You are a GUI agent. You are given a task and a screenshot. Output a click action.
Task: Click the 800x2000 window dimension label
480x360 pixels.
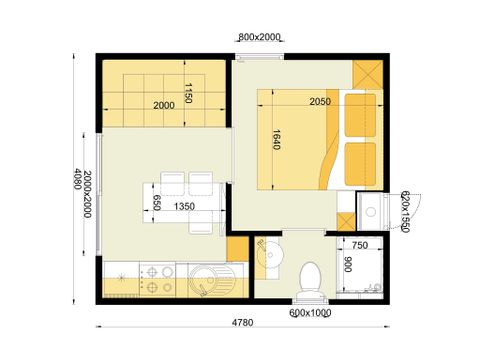tap(259, 36)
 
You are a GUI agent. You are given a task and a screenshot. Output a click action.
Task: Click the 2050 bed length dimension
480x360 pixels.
tap(320, 102)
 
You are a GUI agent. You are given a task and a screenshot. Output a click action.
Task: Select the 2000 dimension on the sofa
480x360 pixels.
tap(163, 105)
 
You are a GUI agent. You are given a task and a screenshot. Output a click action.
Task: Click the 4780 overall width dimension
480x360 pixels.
tap(241, 323)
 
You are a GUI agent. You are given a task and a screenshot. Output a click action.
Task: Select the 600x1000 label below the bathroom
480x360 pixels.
tap(310, 312)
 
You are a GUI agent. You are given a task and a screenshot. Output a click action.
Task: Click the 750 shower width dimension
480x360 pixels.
tap(361, 245)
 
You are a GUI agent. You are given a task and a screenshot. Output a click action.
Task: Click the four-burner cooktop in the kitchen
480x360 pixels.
tap(156, 279)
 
